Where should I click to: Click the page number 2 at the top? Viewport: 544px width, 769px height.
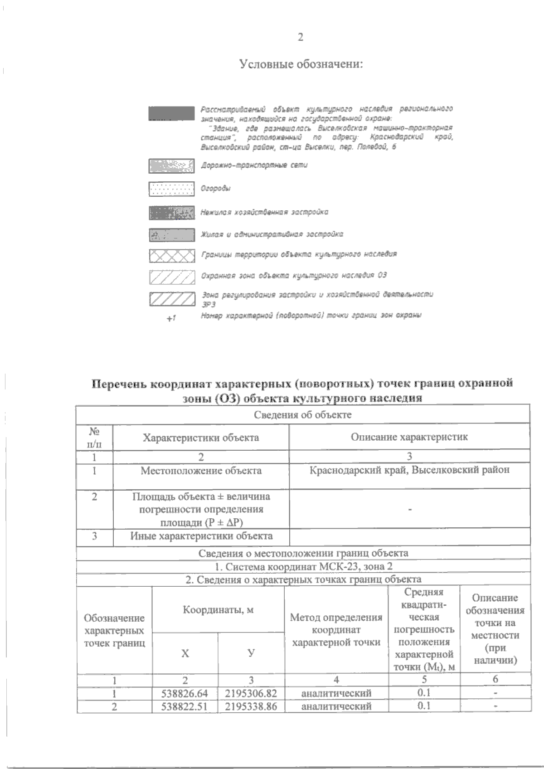pyautogui.click(x=300, y=37)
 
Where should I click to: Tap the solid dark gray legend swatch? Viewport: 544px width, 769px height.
pyautogui.click(x=171, y=114)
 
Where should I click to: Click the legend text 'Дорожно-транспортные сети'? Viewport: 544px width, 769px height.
pyautogui.click(x=254, y=165)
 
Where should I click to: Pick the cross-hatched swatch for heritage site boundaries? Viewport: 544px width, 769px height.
pyautogui.click(x=171, y=256)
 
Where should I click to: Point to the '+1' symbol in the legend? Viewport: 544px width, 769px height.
pyautogui.click(x=170, y=318)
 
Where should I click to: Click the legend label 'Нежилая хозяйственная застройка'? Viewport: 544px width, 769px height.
pyautogui.click(x=265, y=212)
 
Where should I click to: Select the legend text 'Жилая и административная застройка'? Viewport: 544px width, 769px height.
pyautogui.click(x=272, y=234)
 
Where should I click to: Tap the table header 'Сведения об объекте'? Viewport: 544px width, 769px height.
pyautogui.click(x=302, y=414)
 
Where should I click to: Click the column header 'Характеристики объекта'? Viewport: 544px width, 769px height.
pyautogui.click(x=201, y=438)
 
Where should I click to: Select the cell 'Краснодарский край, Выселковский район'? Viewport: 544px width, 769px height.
pyautogui.click(x=409, y=470)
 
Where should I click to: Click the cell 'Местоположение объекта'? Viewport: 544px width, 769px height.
pyautogui.click(x=201, y=471)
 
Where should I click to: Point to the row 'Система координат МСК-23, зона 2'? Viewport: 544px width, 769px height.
pyautogui.click(x=302, y=567)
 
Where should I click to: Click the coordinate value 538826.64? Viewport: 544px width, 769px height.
pyautogui.click(x=185, y=693)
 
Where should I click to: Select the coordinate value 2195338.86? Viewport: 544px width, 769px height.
pyautogui.click(x=251, y=706)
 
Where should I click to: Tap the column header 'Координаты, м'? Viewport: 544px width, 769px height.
pyautogui.click(x=218, y=610)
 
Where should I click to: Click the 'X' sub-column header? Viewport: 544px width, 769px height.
pyautogui.click(x=185, y=653)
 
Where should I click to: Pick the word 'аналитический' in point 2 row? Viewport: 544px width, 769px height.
pyautogui.click(x=336, y=706)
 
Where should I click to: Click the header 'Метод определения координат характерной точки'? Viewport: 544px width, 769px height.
pyautogui.click(x=336, y=630)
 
